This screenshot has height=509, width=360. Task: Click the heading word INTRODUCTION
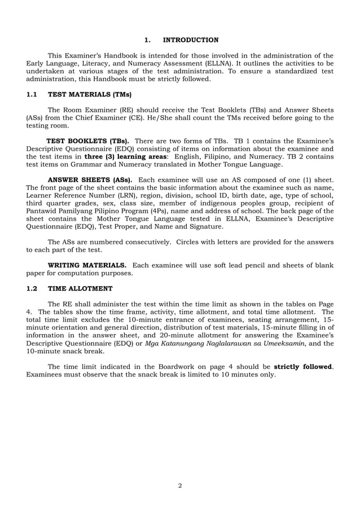pos(190,40)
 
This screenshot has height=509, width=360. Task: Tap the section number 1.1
pos(32,94)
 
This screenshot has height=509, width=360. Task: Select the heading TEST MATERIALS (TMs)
pos(89,94)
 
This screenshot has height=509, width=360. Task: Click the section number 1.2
pos(32,288)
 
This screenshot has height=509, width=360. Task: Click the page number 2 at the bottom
pos(180,485)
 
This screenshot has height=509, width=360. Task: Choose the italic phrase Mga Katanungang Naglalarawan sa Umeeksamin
pos(226,343)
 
